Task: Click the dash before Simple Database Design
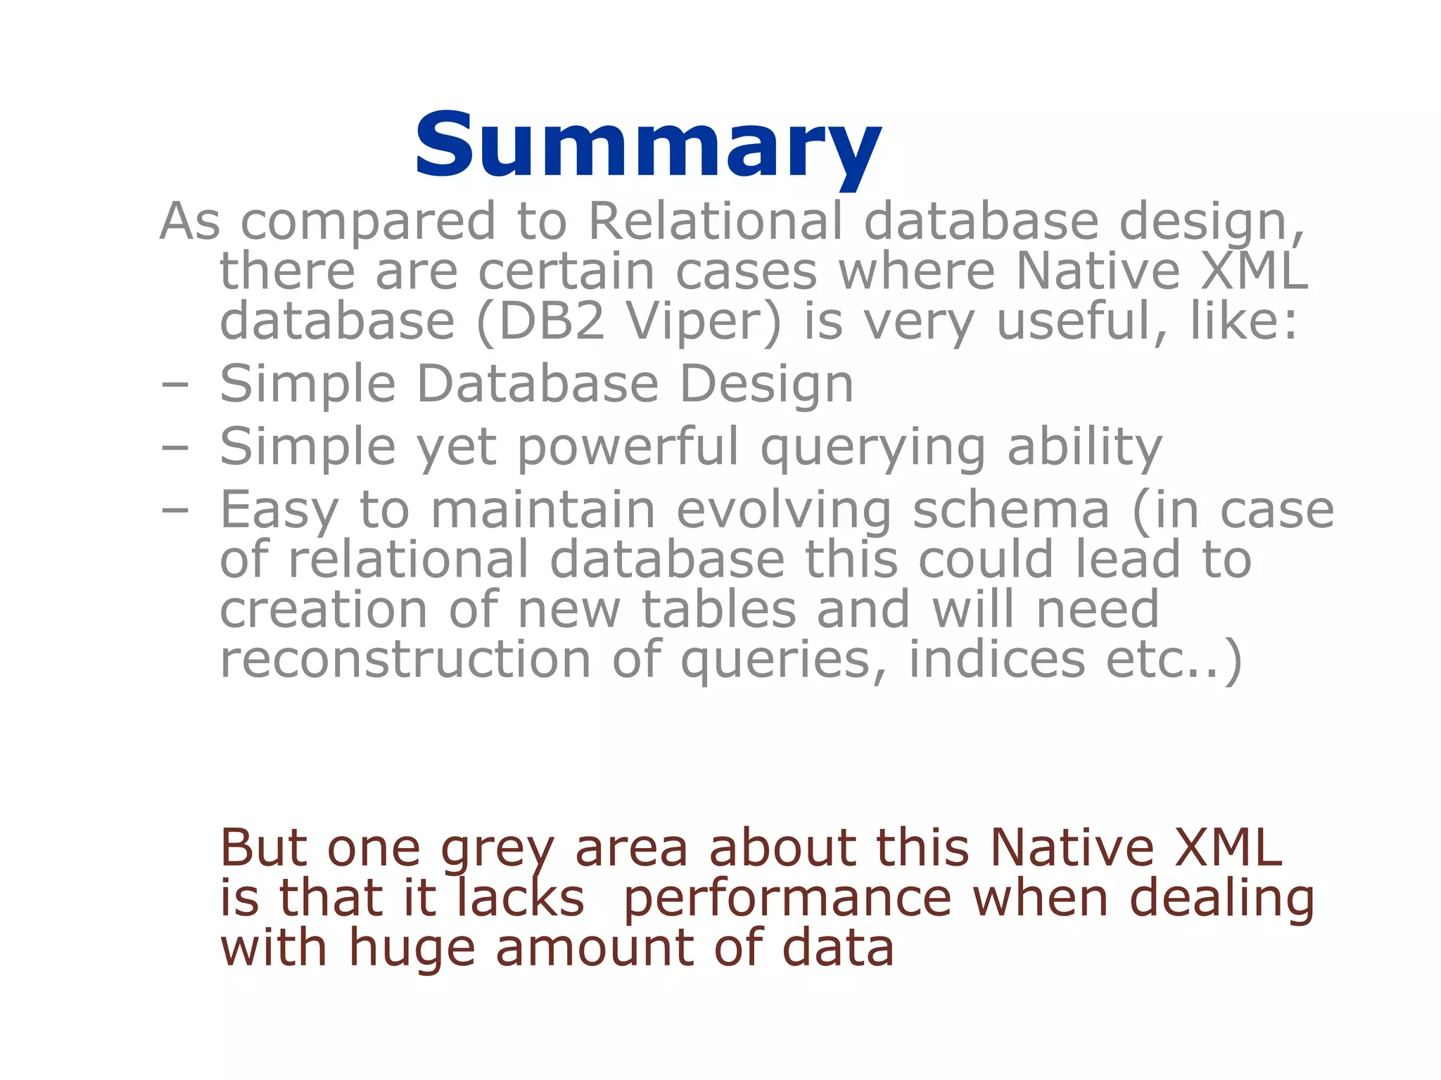[174, 385]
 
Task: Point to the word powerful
[628, 447]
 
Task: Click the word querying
[872, 449]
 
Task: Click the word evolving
[784, 511]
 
